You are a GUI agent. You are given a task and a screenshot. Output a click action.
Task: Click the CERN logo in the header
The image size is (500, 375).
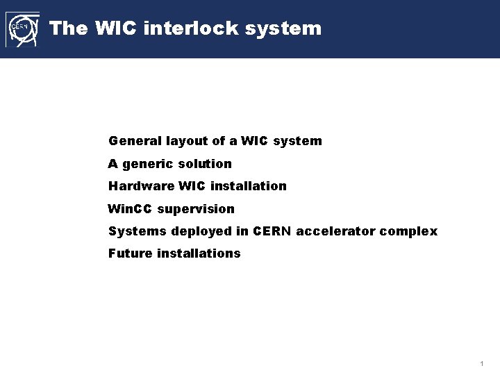22,29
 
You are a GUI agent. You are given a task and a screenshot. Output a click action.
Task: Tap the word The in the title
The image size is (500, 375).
68,28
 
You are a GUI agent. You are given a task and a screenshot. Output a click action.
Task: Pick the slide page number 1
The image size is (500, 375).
481,364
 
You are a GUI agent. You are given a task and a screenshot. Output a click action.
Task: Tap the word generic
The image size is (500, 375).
147,164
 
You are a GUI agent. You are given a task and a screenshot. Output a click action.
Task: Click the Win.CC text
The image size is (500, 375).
131,208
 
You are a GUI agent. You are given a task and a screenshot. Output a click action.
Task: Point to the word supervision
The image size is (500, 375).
196,208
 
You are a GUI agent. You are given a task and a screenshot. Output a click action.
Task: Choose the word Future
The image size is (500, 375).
130,253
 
